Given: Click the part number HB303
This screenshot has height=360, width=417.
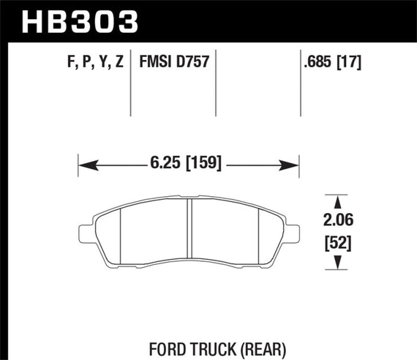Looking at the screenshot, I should click(x=80, y=21).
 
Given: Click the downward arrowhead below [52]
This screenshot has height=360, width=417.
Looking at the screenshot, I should click(x=336, y=264).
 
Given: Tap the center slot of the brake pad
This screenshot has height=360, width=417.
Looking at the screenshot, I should click(x=189, y=232).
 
